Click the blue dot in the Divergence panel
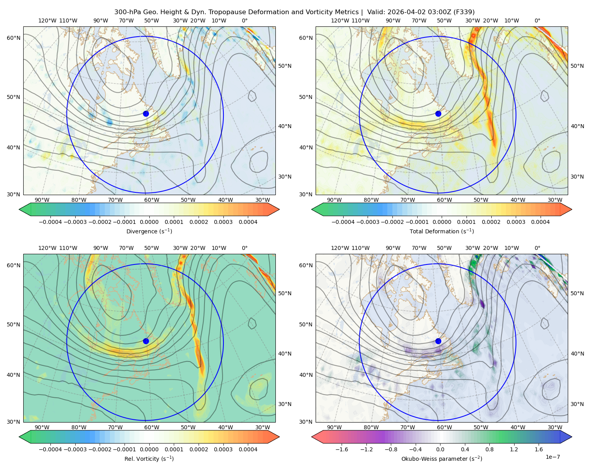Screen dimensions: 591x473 point(146,114)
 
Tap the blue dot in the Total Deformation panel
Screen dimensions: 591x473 point(438,114)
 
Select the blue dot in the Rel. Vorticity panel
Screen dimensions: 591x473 point(146,341)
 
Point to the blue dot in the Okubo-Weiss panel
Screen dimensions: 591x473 point(438,341)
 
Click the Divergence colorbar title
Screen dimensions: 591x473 point(149,231)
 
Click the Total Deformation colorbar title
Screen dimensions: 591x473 point(442,231)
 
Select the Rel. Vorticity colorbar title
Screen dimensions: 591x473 point(149,459)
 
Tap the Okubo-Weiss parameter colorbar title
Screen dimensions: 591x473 point(442,459)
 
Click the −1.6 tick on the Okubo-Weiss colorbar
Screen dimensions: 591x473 point(342,449)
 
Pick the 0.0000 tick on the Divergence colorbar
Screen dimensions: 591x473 point(149,222)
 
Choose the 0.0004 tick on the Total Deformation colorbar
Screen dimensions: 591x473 point(540,222)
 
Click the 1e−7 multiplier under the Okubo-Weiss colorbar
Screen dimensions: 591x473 point(552,457)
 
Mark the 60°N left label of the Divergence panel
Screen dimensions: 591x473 point(13,38)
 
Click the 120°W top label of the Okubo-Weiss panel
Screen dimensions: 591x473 point(340,248)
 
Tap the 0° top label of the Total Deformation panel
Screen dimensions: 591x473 point(537,20)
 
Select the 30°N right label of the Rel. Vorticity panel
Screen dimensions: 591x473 point(285,404)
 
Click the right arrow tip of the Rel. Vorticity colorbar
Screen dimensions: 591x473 point(279,437)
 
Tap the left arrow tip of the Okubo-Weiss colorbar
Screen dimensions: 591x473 point(312,437)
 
